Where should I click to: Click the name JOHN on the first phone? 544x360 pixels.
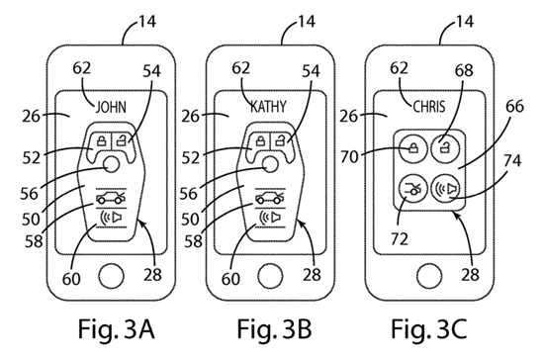tap(111, 107)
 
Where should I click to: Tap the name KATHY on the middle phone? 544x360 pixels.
tap(268, 107)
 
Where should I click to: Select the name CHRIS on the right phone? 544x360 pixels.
tap(429, 106)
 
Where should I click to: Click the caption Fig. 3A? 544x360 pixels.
tap(117, 329)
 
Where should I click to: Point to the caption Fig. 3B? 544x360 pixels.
tap(274, 329)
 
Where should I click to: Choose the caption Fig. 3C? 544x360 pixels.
tap(429, 329)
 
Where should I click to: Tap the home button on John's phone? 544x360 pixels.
tap(111, 276)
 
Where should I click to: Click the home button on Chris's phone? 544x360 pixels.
tap(429, 276)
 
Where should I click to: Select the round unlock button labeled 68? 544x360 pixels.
tap(445, 148)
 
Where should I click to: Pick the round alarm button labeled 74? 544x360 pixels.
tap(445, 188)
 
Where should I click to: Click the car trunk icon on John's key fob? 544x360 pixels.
tap(111, 199)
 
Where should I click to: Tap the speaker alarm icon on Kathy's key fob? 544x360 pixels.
tap(271, 218)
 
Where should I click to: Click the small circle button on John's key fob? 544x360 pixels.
tap(112, 165)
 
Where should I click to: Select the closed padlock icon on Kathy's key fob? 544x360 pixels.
tap(260, 141)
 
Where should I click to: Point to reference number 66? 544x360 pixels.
tap(514, 106)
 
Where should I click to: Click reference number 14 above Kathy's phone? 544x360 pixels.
tap(306, 22)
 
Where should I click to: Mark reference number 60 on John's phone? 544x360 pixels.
tap(72, 279)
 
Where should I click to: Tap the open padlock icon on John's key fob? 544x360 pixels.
tap(122, 141)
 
